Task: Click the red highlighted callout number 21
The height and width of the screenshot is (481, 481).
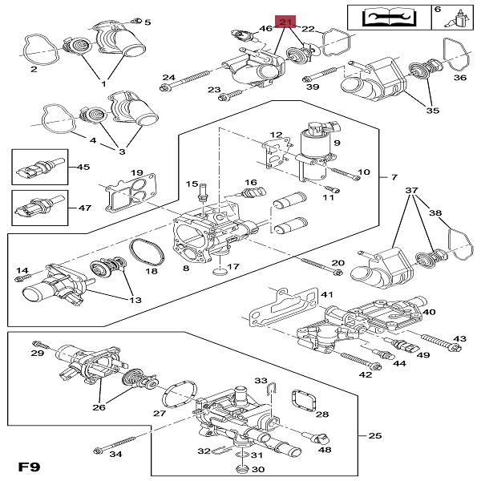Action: point(285,22)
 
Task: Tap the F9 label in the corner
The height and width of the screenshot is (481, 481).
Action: point(29,466)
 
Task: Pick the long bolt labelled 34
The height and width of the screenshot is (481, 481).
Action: point(121,444)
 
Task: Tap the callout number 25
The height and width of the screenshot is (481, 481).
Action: point(374,436)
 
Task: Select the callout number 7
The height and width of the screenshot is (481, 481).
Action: point(393,176)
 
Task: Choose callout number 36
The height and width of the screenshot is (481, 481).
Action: point(460,78)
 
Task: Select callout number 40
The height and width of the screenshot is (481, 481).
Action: point(429,313)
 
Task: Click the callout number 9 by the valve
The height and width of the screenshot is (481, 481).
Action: point(338,143)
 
